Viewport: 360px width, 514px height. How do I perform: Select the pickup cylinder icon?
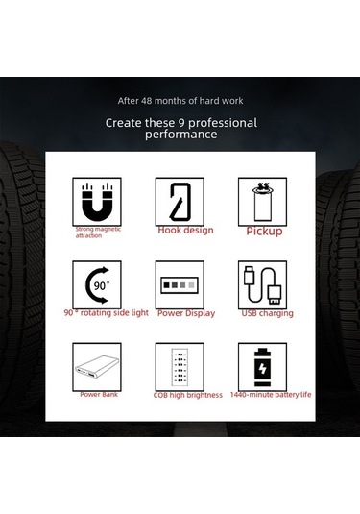[262, 203]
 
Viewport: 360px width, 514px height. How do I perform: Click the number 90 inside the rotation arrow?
[100, 286]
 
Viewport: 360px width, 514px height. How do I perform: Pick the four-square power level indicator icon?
[180, 285]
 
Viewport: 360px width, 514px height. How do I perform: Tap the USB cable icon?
[262, 285]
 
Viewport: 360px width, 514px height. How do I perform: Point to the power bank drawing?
[97, 367]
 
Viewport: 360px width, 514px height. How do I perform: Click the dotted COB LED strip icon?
[180, 367]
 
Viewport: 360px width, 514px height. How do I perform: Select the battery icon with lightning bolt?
[262, 367]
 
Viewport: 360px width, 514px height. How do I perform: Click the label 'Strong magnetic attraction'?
[98, 233]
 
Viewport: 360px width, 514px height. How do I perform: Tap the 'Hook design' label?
[185, 230]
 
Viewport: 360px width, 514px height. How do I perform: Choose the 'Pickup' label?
[264, 232]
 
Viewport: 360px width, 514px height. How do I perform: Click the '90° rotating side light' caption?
[107, 313]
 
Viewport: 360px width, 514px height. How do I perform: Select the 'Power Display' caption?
[186, 313]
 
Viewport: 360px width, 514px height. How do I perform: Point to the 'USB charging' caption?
[267, 313]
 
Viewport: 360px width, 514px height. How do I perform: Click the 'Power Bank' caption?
[99, 394]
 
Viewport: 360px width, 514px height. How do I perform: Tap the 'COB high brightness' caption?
[188, 395]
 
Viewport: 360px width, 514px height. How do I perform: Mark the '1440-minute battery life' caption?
[271, 395]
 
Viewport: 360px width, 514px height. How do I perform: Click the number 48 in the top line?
[147, 101]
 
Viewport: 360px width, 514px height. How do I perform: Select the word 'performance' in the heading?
[180, 135]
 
